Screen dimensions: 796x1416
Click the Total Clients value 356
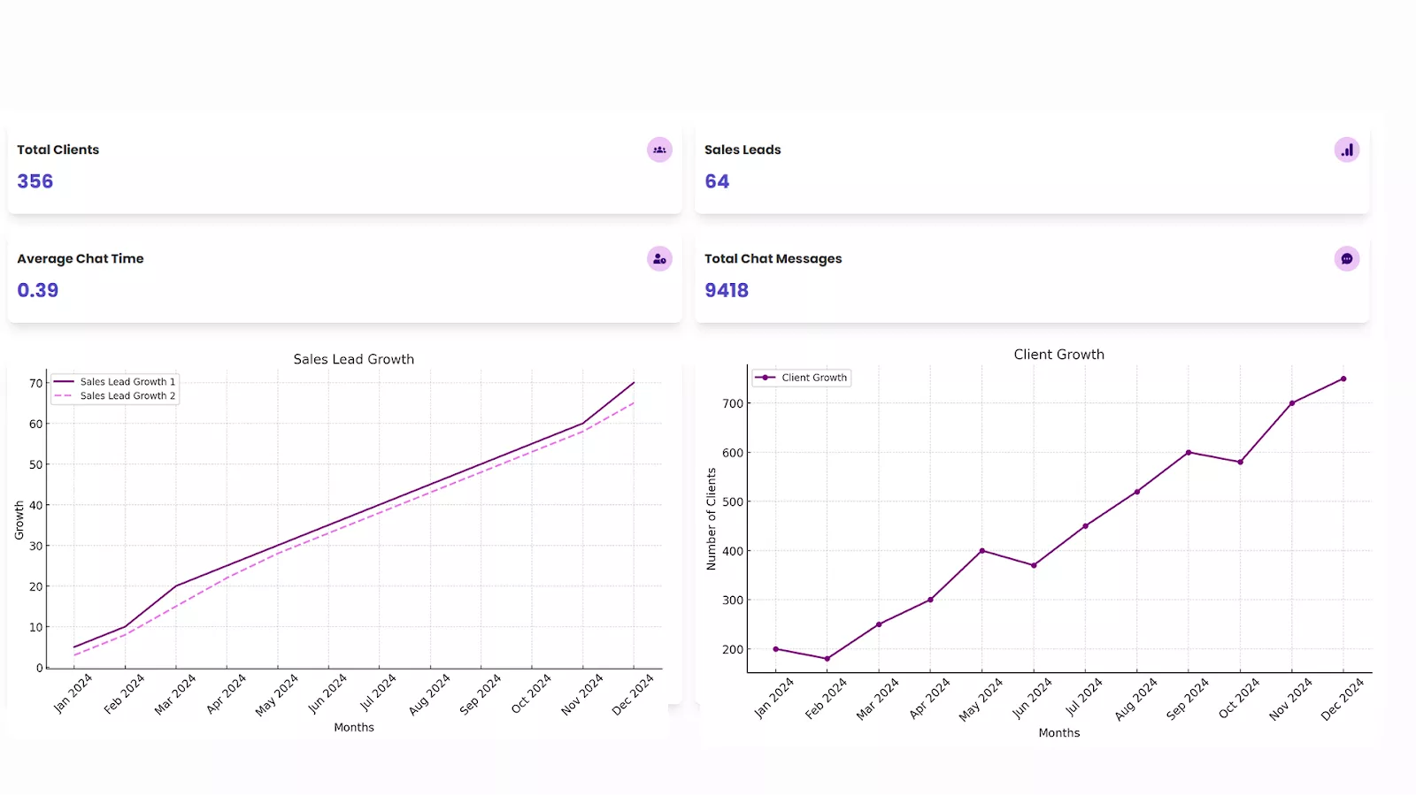tap(35, 181)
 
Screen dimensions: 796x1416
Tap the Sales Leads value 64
tap(717, 181)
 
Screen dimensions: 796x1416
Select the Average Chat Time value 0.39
tap(38, 290)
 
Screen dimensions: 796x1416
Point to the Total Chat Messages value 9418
tap(727, 290)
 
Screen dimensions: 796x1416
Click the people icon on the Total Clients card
tap(659, 149)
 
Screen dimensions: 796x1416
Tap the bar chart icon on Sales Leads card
tap(1347, 149)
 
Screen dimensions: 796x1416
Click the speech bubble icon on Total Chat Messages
tap(1347, 258)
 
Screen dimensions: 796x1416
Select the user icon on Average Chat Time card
tap(659, 258)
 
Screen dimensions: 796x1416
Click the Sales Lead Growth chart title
tap(354, 359)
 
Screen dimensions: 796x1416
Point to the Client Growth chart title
tap(1059, 354)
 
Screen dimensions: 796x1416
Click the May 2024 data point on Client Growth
tap(982, 551)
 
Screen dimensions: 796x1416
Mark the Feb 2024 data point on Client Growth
tap(827, 659)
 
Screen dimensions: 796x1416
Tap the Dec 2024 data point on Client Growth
tap(1343, 379)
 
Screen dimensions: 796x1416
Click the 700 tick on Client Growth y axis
tap(733, 403)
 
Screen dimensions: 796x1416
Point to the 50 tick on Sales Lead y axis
tap(35, 464)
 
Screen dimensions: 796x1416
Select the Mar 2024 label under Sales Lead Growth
tap(174, 694)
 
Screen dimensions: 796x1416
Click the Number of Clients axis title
tap(712, 519)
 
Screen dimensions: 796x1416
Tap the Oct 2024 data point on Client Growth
tap(1241, 462)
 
